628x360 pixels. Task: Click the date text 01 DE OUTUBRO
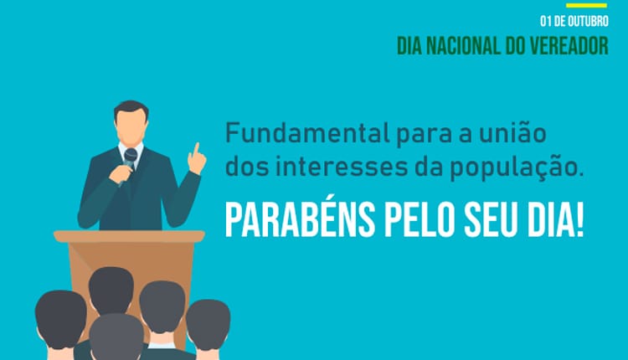tap(574, 20)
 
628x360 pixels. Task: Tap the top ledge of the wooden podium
tap(129, 237)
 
